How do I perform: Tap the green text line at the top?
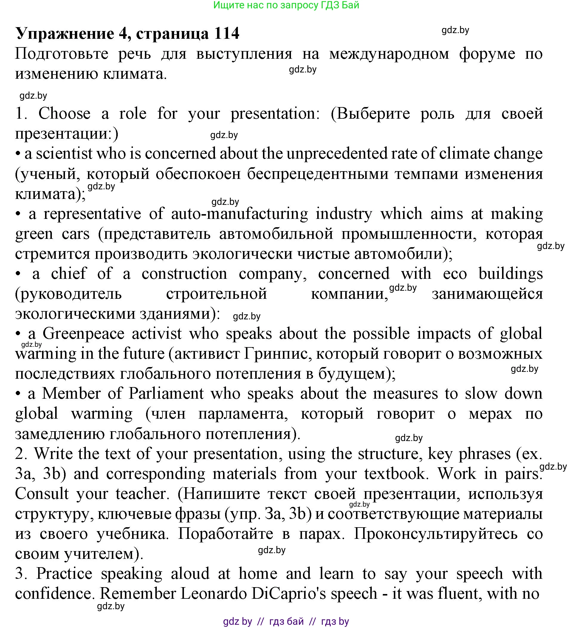[x=286, y=5]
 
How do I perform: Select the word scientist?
[x=64, y=154]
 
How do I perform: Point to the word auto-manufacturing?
[x=239, y=214]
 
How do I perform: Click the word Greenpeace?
[x=83, y=334]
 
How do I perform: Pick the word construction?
[x=184, y=274]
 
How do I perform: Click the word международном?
[x=389, y=54]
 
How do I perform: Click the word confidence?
[x=55, y=593]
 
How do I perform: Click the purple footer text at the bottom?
[x=286, y=621]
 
